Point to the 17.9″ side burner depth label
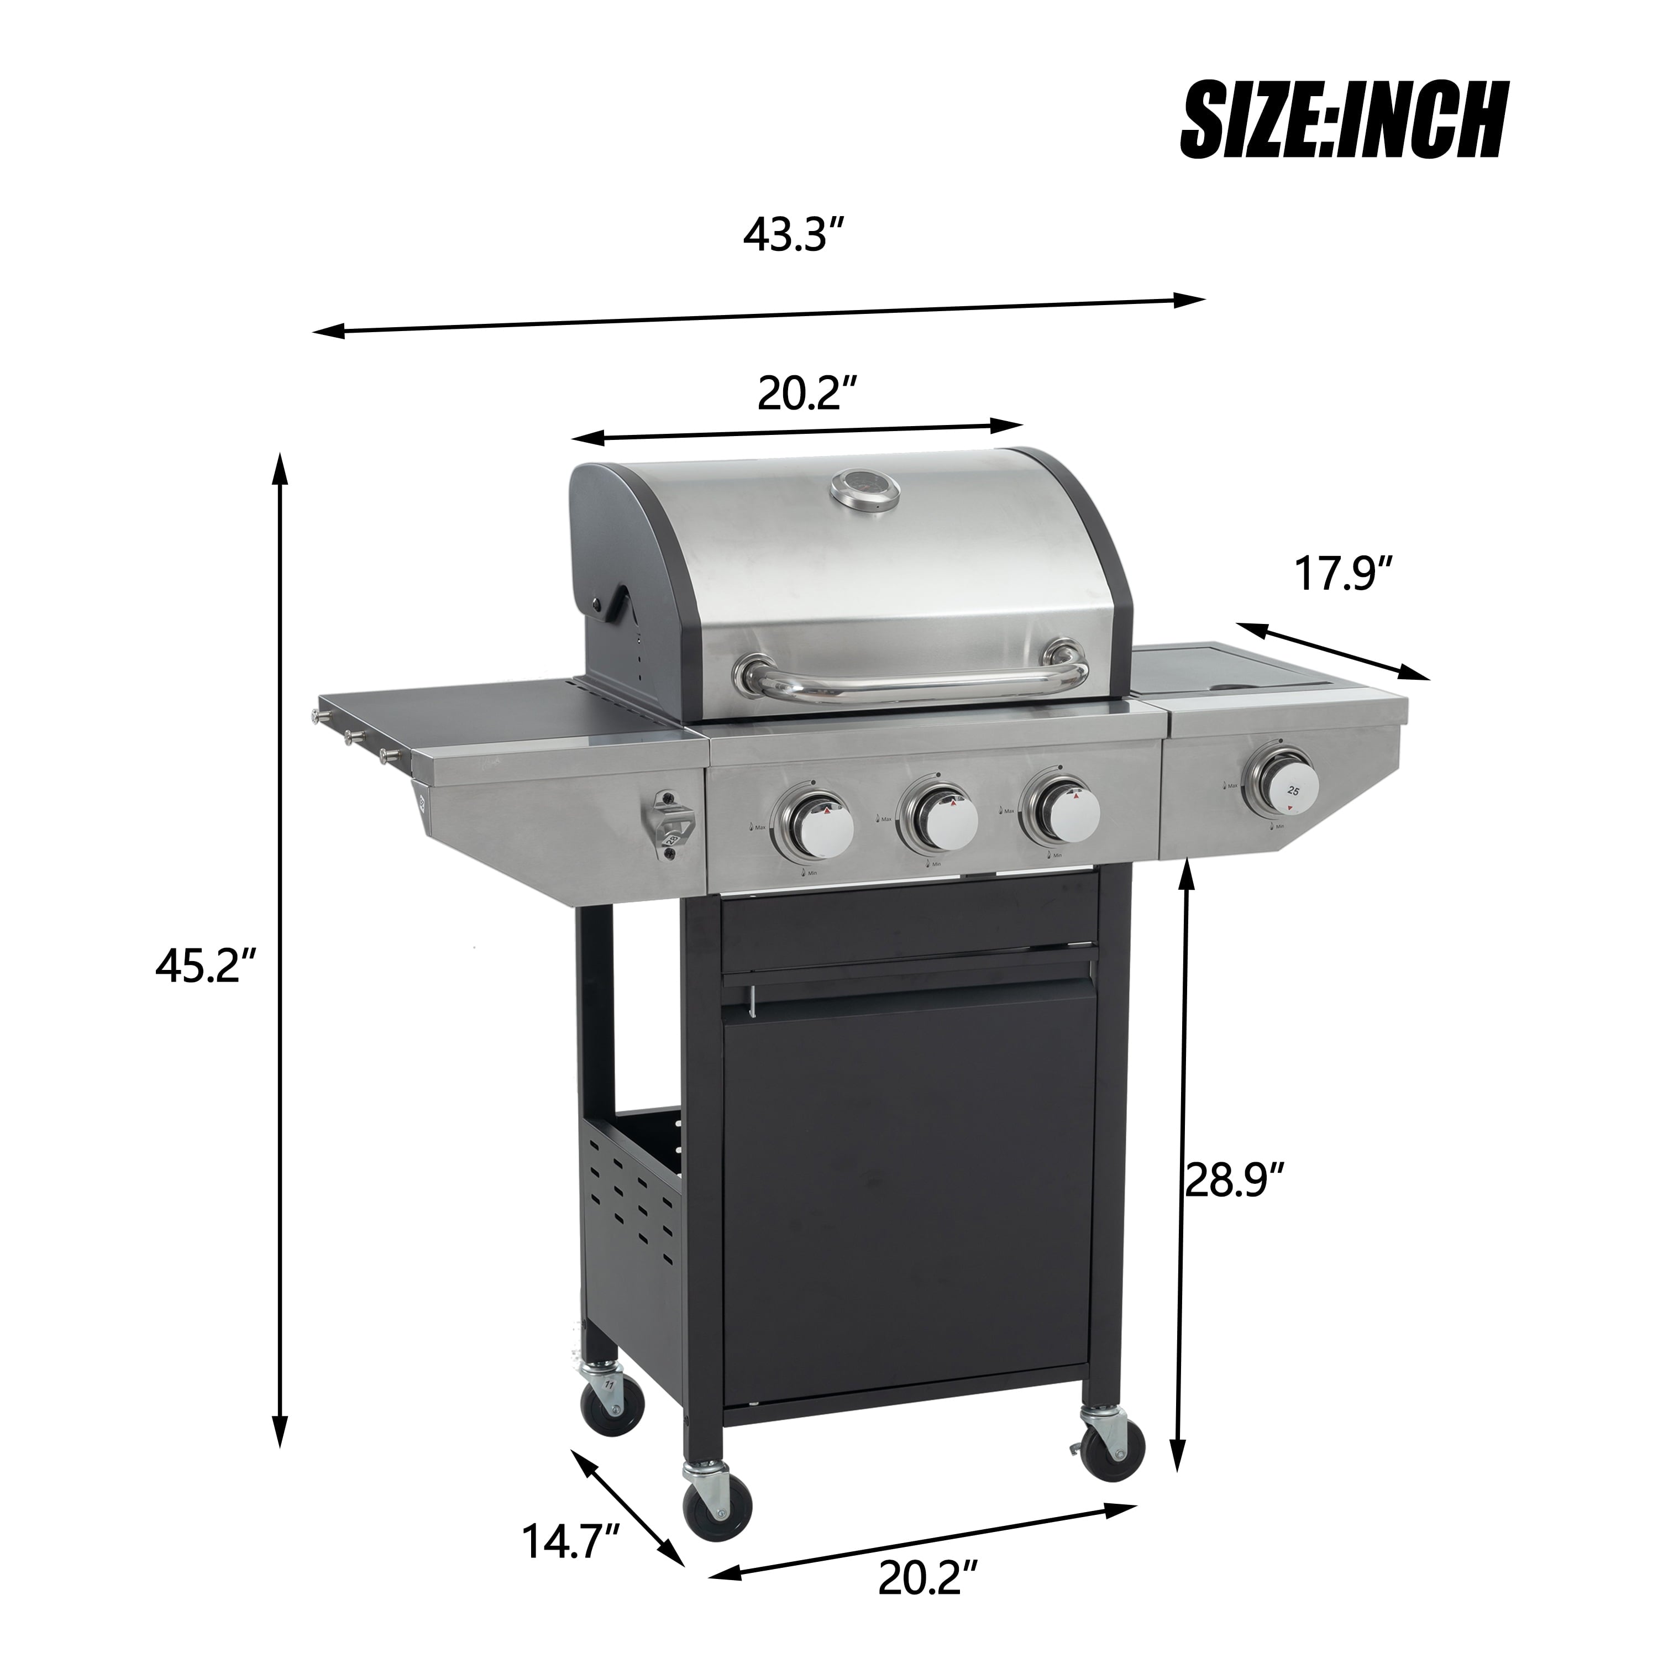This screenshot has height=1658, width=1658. point(1342,573)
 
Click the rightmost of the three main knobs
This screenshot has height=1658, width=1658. point(1060,809)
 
